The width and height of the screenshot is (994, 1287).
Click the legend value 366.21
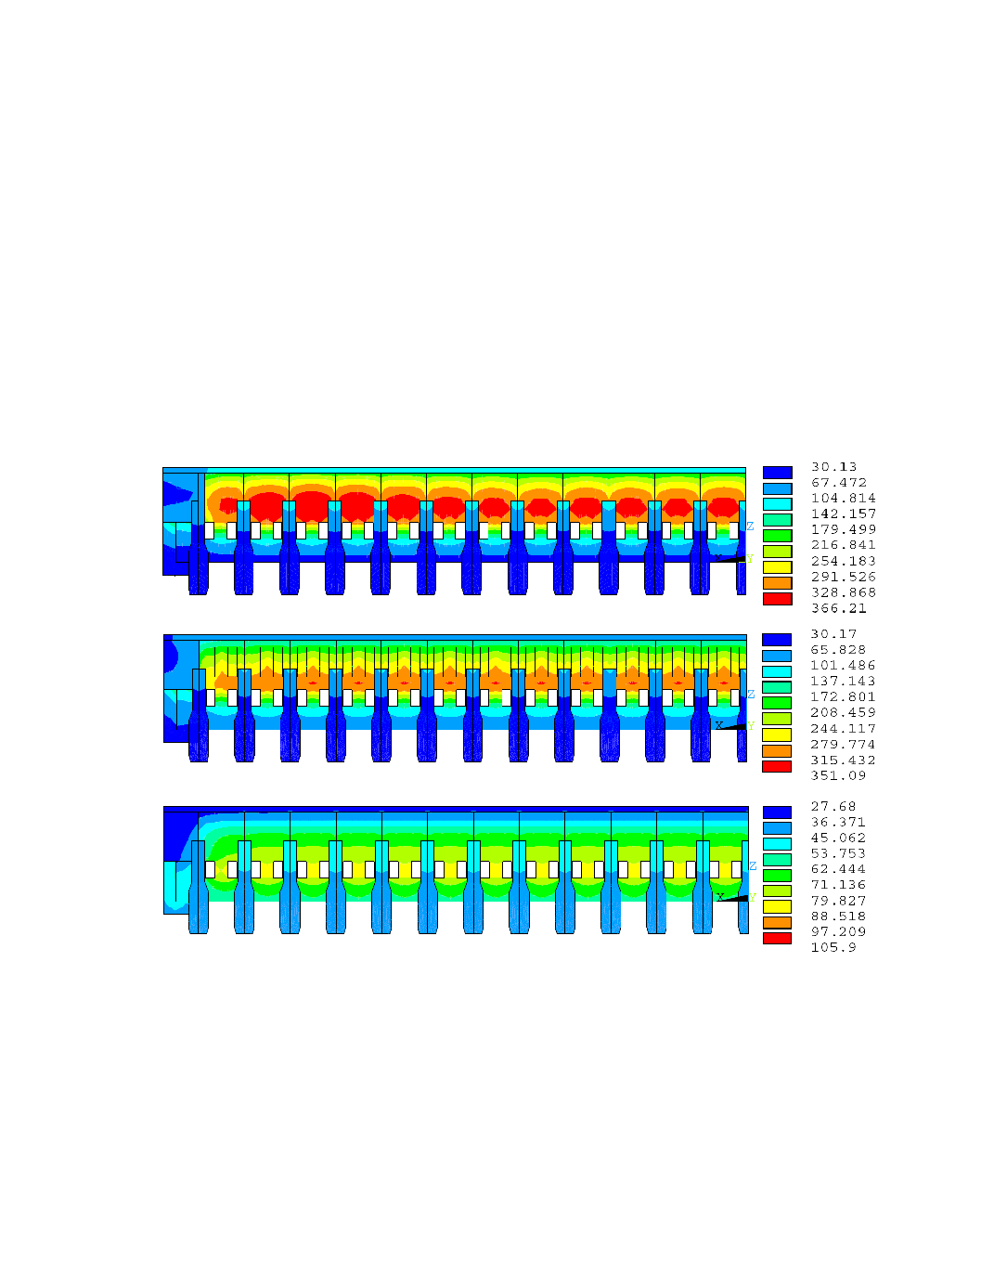click(838, 608)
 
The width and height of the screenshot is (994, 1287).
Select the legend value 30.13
click(833, 467)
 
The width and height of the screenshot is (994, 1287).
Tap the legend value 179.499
click(843, 529)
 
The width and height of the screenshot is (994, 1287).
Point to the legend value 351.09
click(838, 775)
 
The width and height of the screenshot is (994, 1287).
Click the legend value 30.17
click(833, 633)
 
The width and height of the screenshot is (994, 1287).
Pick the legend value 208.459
click(843, 712)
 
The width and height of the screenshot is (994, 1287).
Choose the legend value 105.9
click(833, 947)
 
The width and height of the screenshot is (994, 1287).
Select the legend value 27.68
click(833, 806)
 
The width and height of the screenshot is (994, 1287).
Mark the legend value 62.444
click(838, 869)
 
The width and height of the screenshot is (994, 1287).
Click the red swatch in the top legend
click(778, 599)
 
